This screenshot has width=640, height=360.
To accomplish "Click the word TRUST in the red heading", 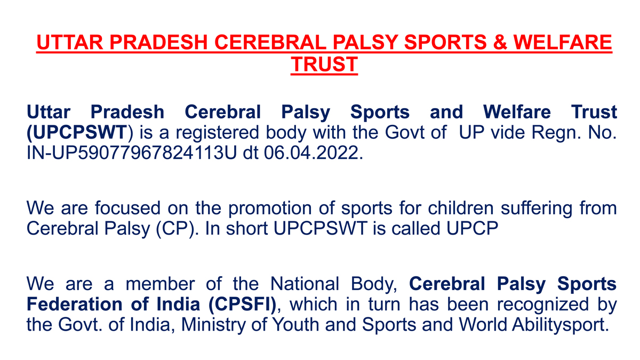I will [x=324, y=64].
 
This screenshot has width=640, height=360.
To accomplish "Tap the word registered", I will [x=219, y=132].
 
